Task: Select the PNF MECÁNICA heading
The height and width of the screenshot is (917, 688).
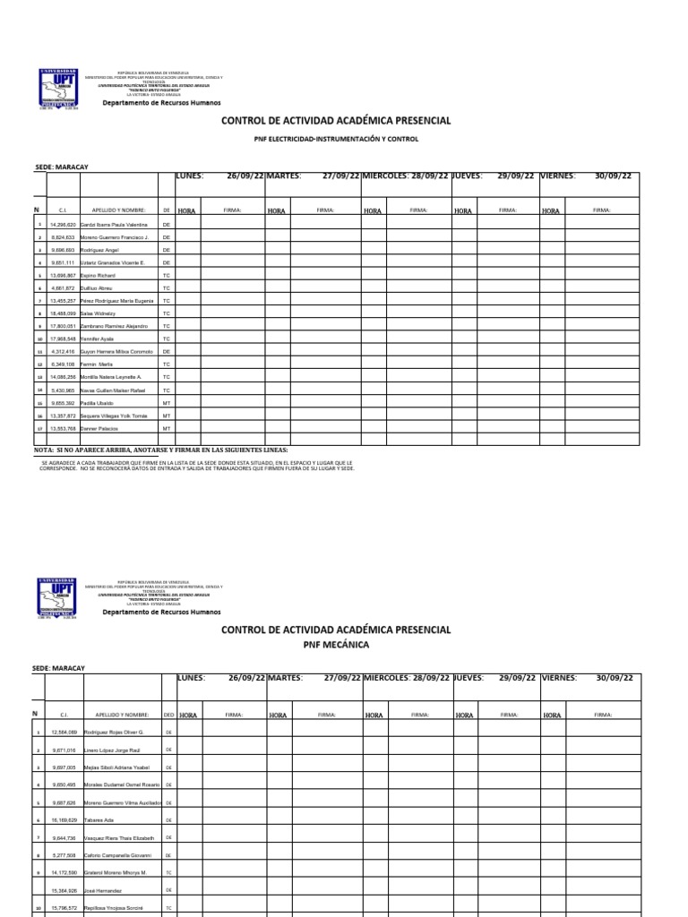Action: tap(336, 644)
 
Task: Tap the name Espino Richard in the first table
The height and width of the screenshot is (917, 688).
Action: tap(98, 275)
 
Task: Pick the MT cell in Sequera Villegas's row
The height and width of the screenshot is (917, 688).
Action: tap(166, 416)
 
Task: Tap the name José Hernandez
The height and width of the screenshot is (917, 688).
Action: tap(107, 891)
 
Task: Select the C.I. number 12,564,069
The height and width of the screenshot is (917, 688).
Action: tap(65, 733)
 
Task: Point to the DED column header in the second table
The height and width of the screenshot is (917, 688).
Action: tap(168, 716)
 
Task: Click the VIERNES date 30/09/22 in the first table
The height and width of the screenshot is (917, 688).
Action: tap(613, 176)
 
